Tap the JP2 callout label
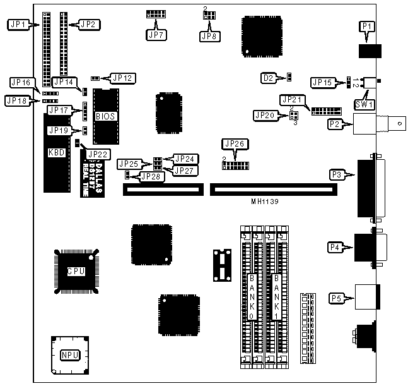click(x=88, y=25)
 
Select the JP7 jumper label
click(x=155, y=35)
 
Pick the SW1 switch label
click(x=365, y=103)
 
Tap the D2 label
click(x=268, y=78)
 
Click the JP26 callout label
click(x=232, y=144)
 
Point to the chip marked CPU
click(x=76, y=271)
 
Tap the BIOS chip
click(x=105, y=117)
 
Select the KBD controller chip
click(x=55, y=152)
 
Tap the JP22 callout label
click(x=98, y=154)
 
